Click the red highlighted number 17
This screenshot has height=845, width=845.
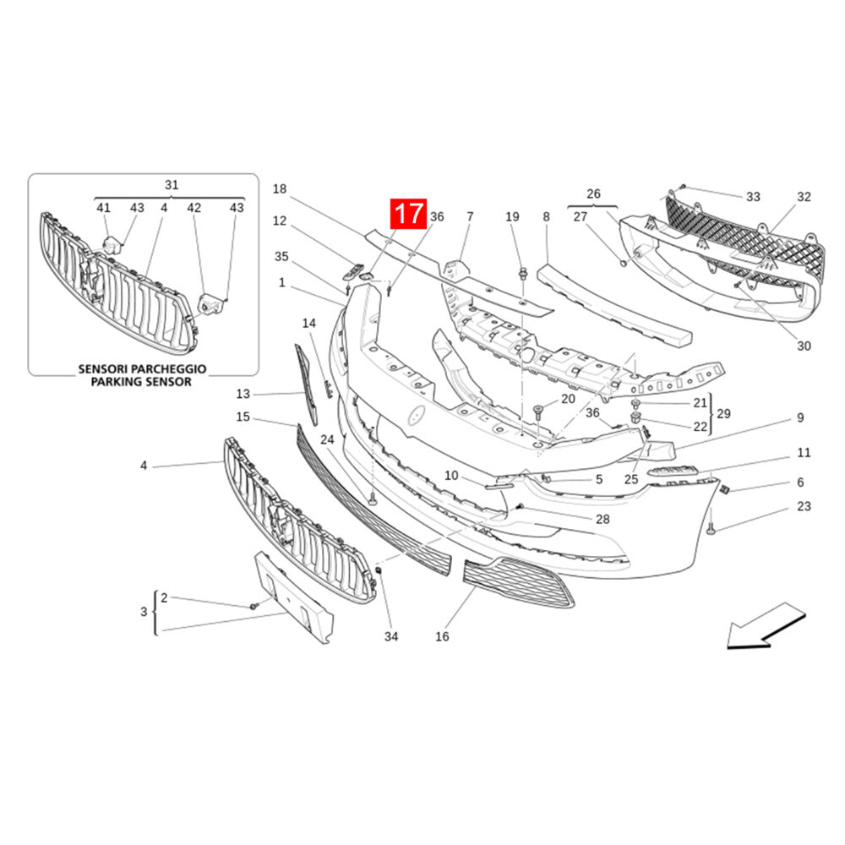408,214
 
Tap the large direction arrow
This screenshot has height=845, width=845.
766,625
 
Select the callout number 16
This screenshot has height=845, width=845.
442,636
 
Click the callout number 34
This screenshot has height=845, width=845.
391,636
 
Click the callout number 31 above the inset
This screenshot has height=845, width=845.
172,185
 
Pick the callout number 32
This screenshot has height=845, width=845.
804,197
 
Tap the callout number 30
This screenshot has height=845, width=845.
804,346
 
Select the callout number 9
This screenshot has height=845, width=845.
800,417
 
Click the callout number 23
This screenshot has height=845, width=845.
804,506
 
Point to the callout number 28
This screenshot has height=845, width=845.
602,519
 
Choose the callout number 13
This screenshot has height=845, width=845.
243,394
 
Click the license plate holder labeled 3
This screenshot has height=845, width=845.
294,597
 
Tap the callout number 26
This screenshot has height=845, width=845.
593,194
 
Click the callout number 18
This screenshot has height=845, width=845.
279,188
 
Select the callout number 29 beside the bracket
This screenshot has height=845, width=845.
724,413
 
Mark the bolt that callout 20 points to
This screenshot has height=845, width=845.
537,413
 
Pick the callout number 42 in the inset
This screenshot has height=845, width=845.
194,208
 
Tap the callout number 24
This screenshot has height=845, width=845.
327,439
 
